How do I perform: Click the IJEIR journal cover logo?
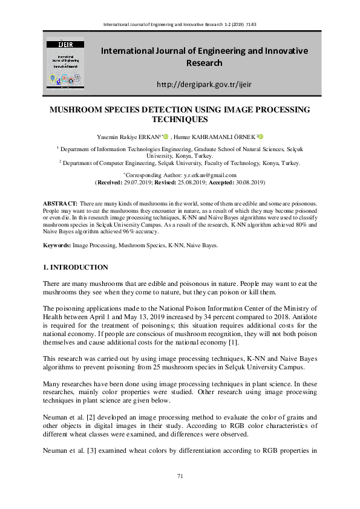pos(66,60)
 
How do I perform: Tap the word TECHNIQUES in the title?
pos(180,120)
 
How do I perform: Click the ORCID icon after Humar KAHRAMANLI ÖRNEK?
pos(261,137)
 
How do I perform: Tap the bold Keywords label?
pos(57,245)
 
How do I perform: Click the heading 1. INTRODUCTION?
pos(76,267)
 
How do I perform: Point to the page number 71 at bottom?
pos(180,476)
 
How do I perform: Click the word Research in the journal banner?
pos(204,63)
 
